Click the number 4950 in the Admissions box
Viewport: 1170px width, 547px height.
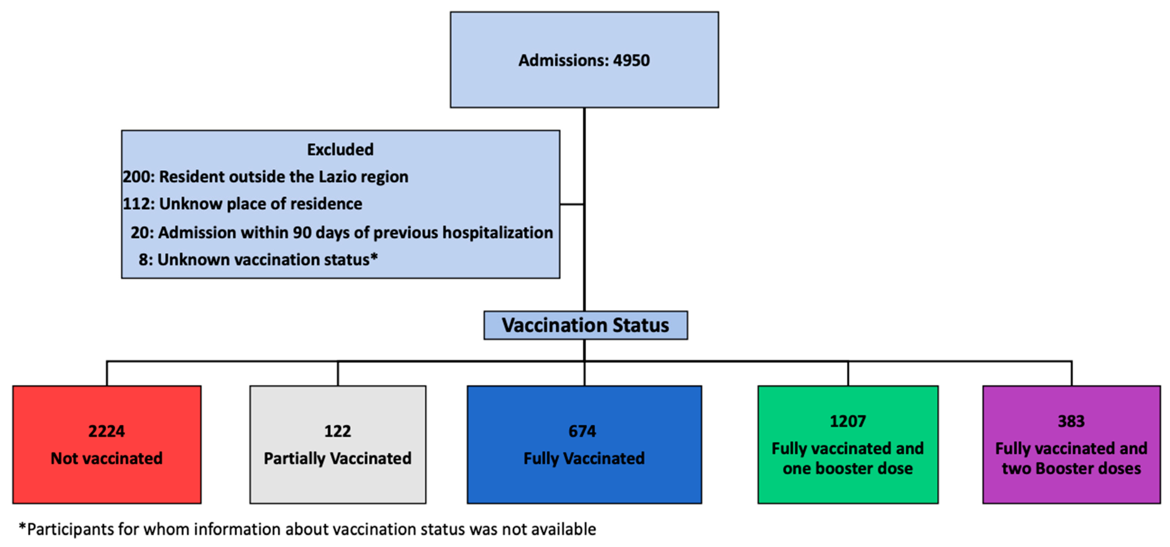pyautogui.click(x=631, y=60)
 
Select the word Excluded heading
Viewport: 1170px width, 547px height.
pyautogui.click(x=340, y=150)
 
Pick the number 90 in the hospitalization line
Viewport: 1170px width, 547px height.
pyautogui.click(x=302, y=233)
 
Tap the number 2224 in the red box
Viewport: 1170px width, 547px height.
pyautogui.click(x=106, y=431)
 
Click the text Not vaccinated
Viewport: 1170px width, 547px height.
pyautogui.click(x=106, y=458)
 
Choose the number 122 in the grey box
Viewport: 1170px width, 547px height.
pyautogui.click(x=337, y=431)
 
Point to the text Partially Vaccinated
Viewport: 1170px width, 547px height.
pyautogui.click(x=337, y=458)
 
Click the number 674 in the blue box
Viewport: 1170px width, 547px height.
pyautogui.click(x=582, y=431)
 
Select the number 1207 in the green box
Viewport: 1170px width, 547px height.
pyautogui.click(x=848, y=421)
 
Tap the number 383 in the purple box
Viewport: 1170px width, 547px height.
pyautogui.click(x=1071, y=421)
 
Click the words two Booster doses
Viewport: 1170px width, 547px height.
pyautogui.click(x=1071, y=469)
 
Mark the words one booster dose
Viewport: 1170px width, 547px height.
pyautogui.click(x=848, y=469)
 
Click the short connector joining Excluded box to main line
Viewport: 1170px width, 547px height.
pyautogui.click(x=572, y=205)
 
